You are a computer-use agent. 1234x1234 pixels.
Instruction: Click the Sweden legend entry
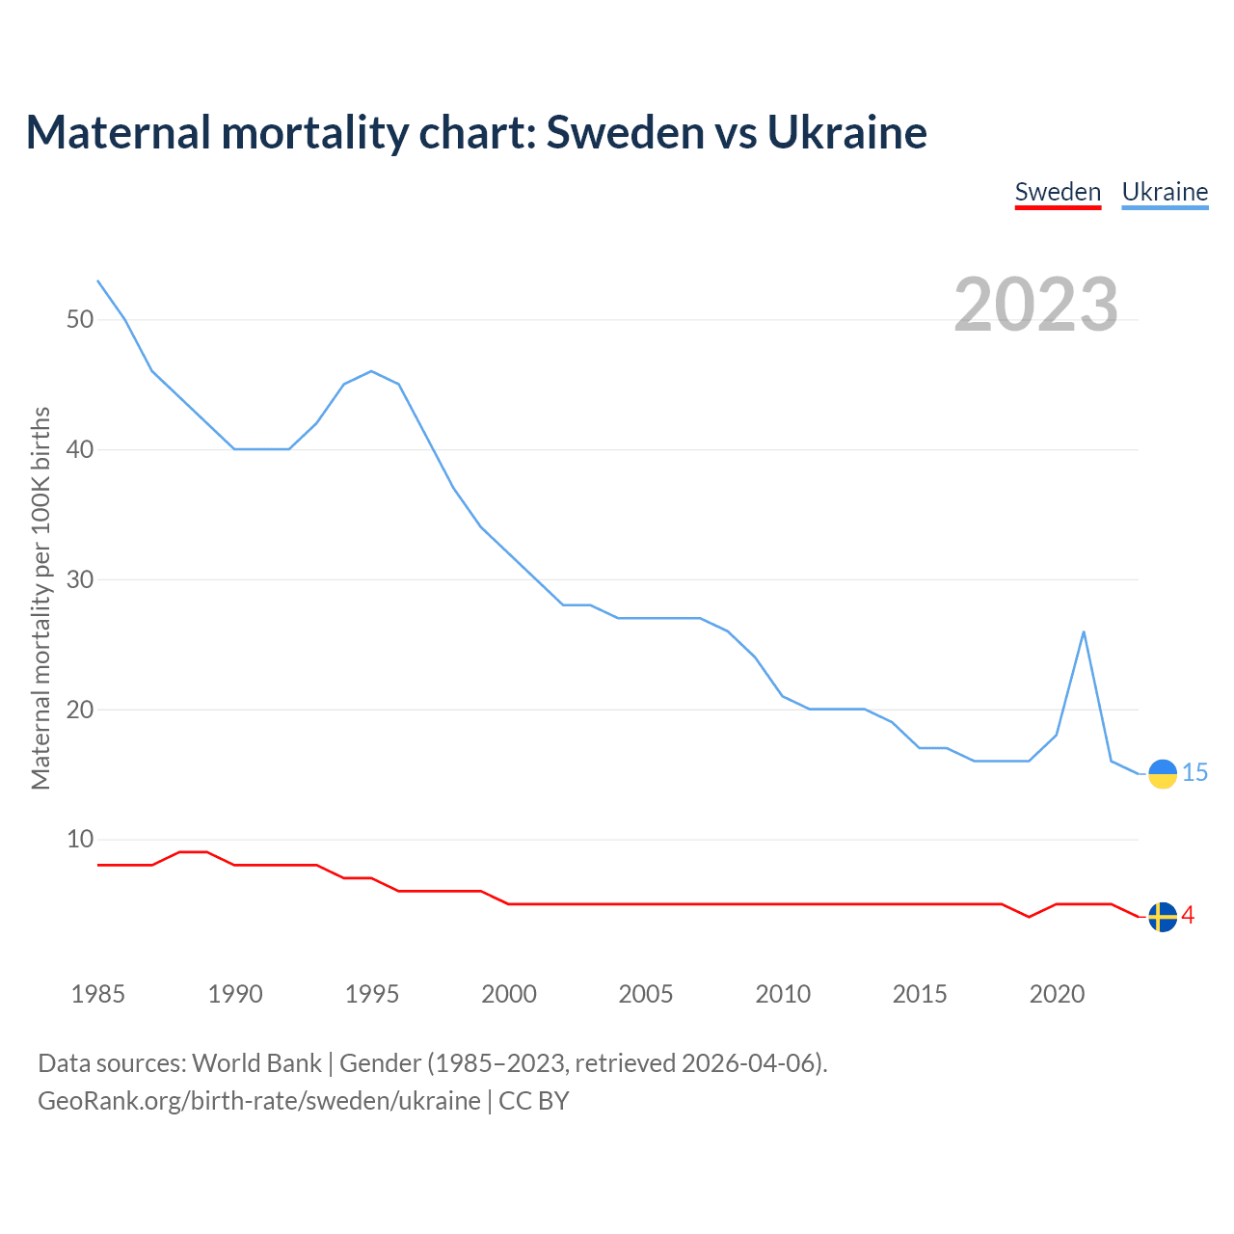[1058, 192]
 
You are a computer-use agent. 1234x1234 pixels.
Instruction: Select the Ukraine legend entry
[1165, 192]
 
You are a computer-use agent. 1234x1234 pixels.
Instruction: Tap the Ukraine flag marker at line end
[1163, 774]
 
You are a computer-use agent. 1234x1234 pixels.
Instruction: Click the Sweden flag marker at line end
[1163, 917]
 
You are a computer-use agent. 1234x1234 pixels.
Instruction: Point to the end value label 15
[1195, 773]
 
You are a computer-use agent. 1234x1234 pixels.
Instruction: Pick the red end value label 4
[1188, 916]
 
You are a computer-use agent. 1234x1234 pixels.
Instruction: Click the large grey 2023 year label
[1035, 305]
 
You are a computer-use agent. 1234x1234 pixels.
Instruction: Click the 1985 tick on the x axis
[98, 994]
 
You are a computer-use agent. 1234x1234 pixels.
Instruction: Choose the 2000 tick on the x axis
[509, 994]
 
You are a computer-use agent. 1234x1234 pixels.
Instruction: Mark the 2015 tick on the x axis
[920, 994]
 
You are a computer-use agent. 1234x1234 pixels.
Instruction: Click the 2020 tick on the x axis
[1057, 994]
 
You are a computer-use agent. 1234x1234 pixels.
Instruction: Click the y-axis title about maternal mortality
[40, 598]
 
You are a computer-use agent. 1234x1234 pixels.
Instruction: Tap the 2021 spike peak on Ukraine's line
[1084, 632]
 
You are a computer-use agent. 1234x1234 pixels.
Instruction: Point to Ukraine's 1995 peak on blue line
[371, 371]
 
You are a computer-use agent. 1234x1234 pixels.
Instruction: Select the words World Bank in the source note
[256, 1063]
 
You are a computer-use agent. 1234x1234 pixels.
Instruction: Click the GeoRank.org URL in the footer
[258, 1101]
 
